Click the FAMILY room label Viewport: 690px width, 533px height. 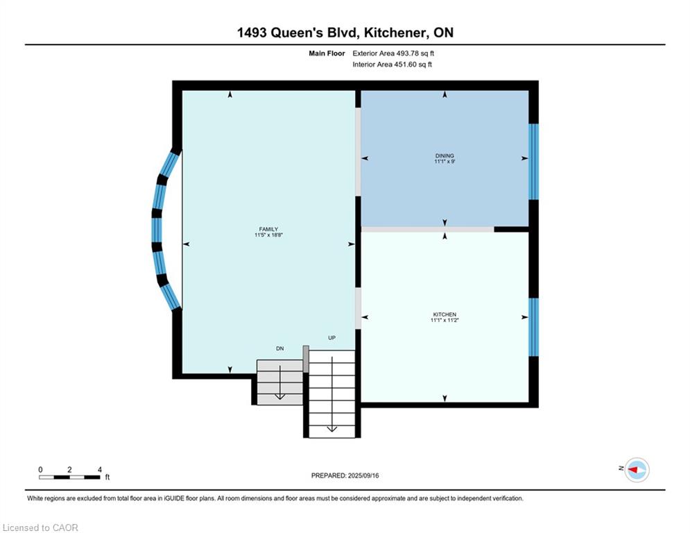click(x=268, y=229)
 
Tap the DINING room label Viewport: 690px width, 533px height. click(x=445, y=155)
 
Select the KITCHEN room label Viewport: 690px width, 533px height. click(x=445, y=314)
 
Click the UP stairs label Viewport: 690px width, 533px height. click(x=331, y=338)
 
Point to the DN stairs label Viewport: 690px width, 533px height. click(x=280, y=348)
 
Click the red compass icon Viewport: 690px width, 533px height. click(x=637, y=470)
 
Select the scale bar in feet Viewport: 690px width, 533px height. click(x=69, y=477)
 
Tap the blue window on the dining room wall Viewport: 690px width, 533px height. click(x=533, y=162)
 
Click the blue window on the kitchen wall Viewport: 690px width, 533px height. click(x=533, y=328)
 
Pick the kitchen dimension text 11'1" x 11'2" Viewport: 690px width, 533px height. click(x=445, y=320)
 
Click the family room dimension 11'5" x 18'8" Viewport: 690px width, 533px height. click(x=268, y=235)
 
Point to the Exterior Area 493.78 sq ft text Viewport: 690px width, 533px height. click(x=393, y=53)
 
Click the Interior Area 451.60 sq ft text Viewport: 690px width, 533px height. click(x=392, y=65)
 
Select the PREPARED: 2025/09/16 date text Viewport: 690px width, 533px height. click(x=345, y=475)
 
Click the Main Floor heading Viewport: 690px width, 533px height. click(x=327, y=53)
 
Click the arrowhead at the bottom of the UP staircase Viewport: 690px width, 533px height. click(x=331, y=429)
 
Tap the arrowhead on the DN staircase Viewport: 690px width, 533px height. click(x=280, y=396)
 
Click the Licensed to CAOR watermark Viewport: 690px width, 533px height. click(x=40, y=527)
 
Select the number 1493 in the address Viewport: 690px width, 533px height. click(x=252, y=33)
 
